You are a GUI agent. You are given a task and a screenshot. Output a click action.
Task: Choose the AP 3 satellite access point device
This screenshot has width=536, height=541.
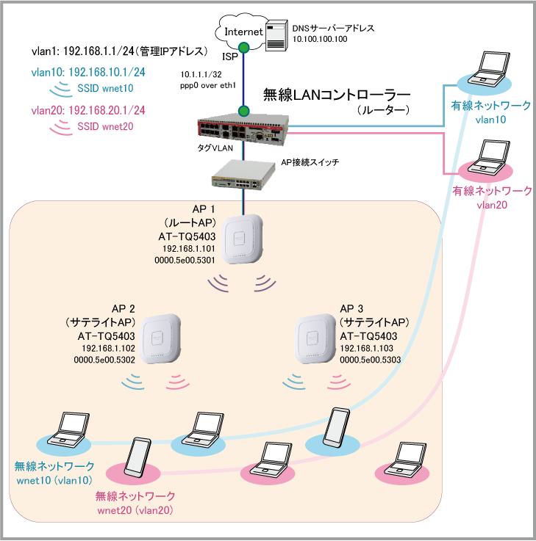[315, 339]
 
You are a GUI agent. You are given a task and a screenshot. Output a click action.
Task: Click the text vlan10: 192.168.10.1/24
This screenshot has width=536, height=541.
[87, 73]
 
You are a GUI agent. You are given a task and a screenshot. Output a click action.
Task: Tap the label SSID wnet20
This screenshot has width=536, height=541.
[104, 126]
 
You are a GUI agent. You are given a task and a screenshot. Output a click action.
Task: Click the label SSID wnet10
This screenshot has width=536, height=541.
[104, 88]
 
